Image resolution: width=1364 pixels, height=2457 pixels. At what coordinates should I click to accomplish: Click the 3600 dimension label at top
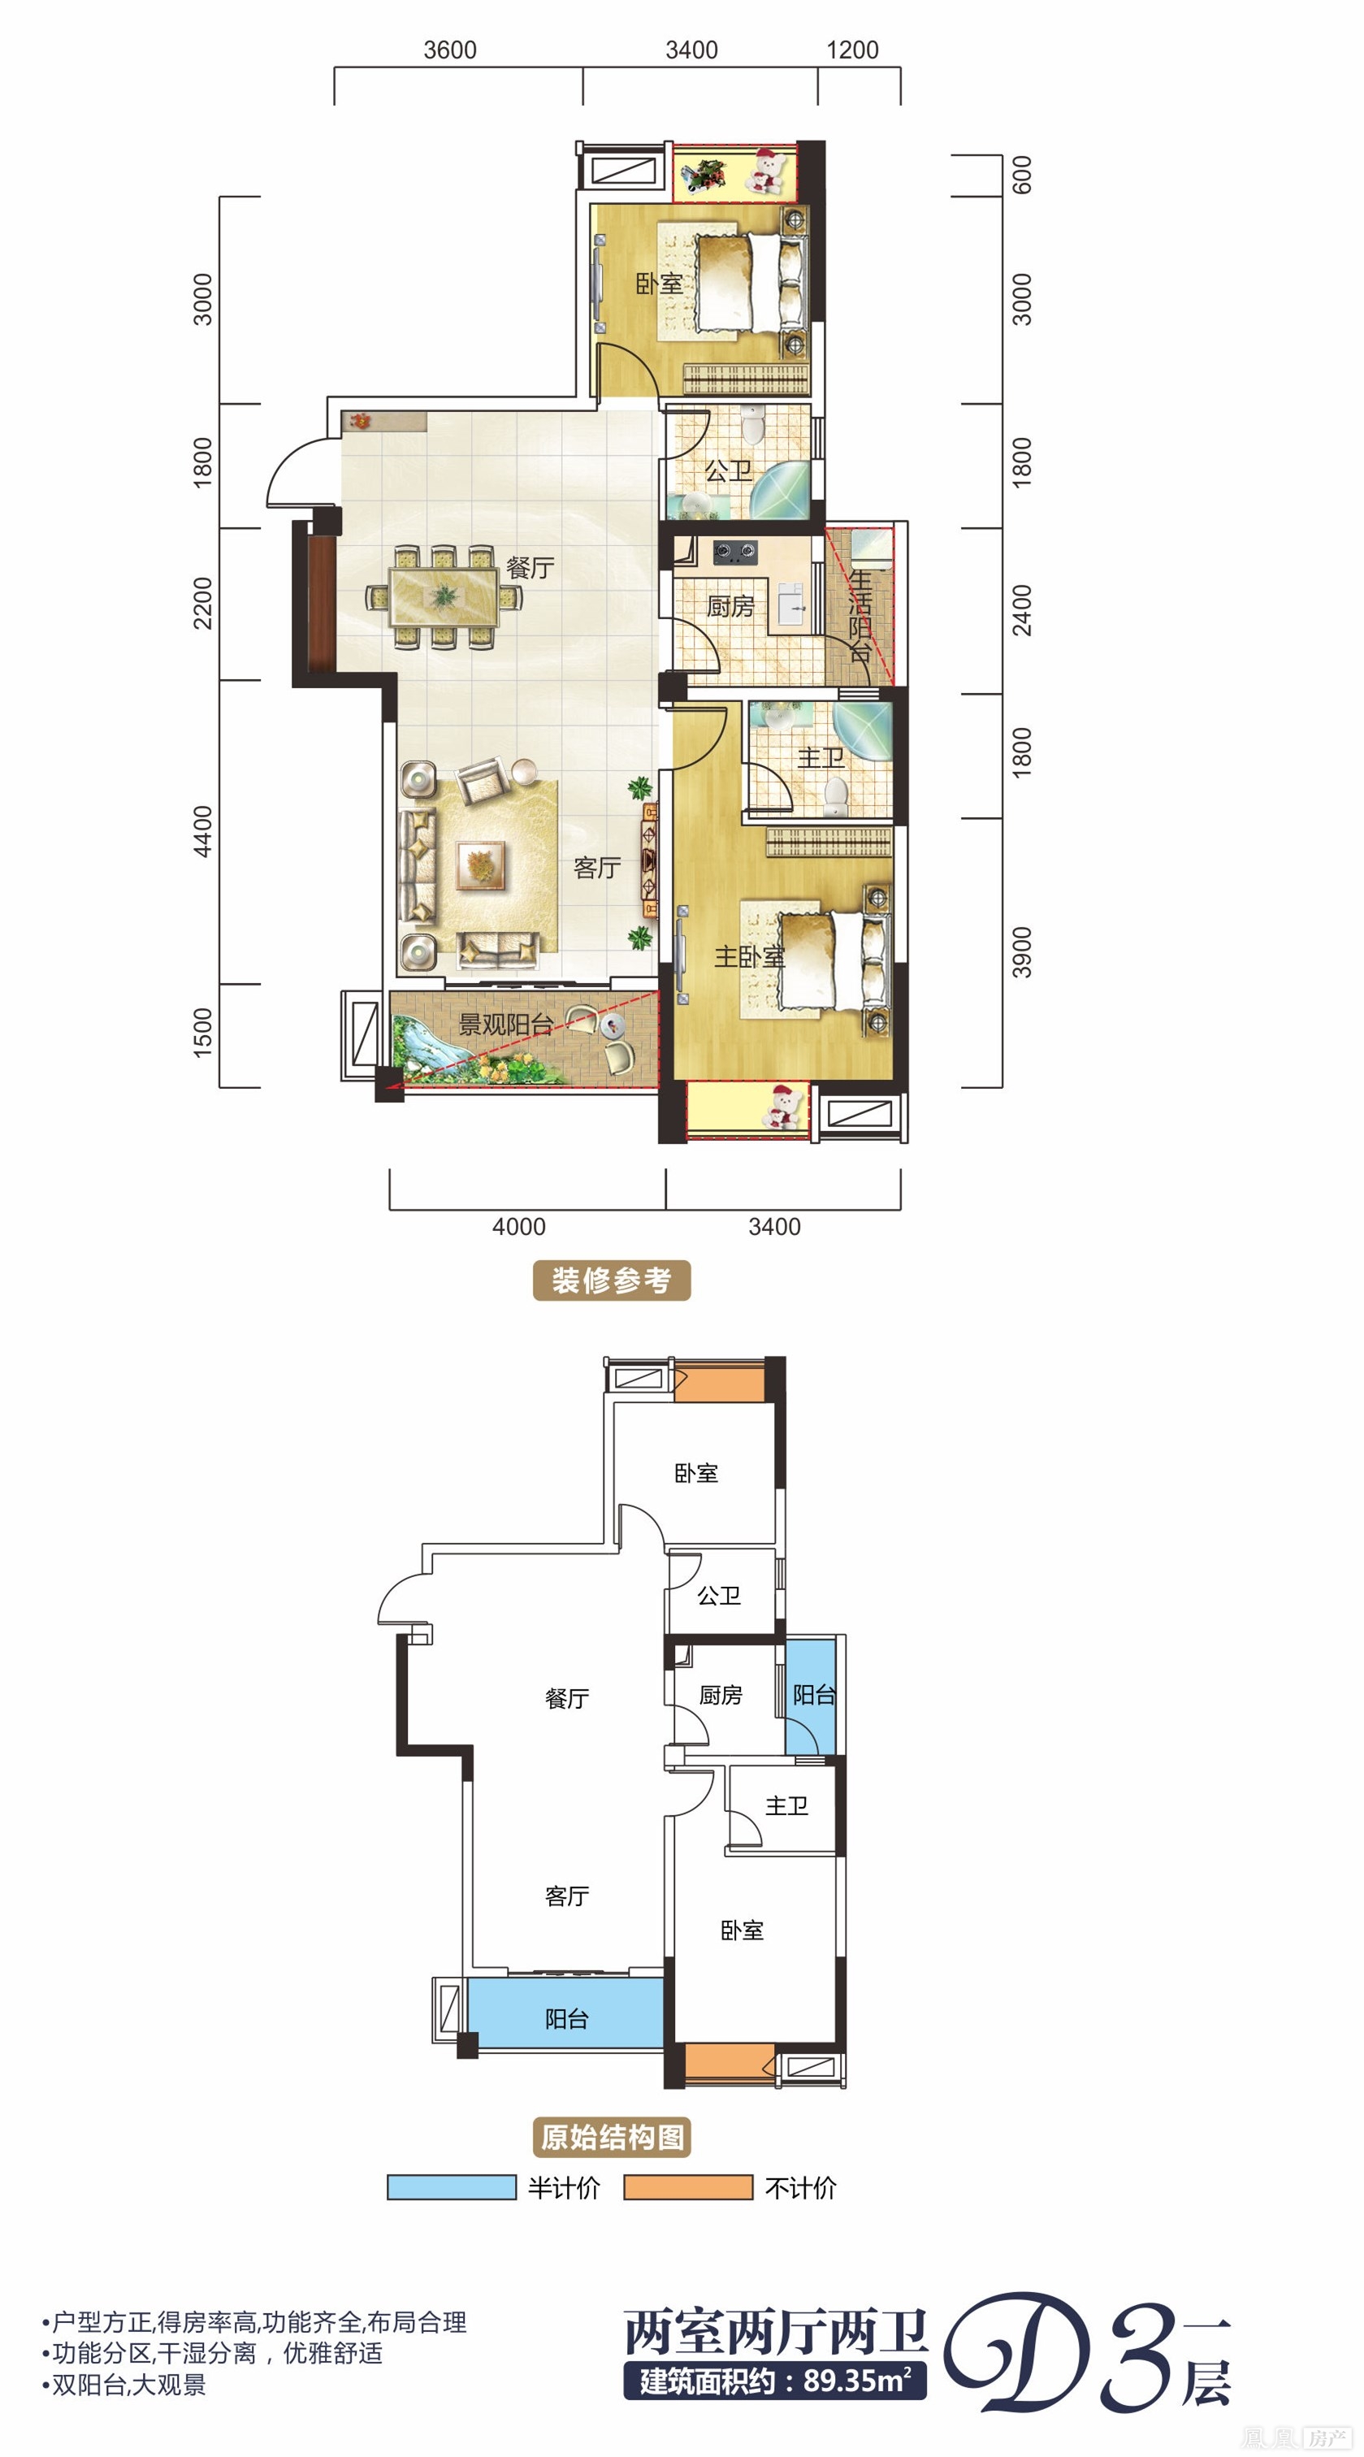click(449, 50)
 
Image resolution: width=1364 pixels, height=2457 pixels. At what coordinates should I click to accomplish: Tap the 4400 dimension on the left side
click(202, 832)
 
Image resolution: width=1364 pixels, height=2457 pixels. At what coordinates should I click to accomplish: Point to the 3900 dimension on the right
click(1021, 952)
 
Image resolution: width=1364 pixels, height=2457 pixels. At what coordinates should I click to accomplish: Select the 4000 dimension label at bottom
click(518, 1227)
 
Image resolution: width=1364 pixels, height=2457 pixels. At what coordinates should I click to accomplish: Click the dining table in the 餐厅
click(444, 597)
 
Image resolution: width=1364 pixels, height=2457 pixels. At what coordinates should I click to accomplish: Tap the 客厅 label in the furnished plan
click(597, 867)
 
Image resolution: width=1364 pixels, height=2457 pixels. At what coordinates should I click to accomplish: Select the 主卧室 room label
click(749, 955)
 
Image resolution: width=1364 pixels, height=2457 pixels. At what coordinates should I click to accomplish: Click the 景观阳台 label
click(505, 1025)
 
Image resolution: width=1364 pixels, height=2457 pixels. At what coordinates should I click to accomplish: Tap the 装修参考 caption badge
click(612, 1280)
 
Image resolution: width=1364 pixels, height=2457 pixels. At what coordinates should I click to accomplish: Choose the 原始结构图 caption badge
click(612, 2138)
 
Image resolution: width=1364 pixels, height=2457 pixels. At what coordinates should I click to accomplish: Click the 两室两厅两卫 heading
click(776, 2332)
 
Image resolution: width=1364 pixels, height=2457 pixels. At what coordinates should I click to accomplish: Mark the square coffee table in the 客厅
click(481, 866)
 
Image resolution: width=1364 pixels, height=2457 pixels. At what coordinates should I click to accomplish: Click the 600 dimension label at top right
click(1021, 175)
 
